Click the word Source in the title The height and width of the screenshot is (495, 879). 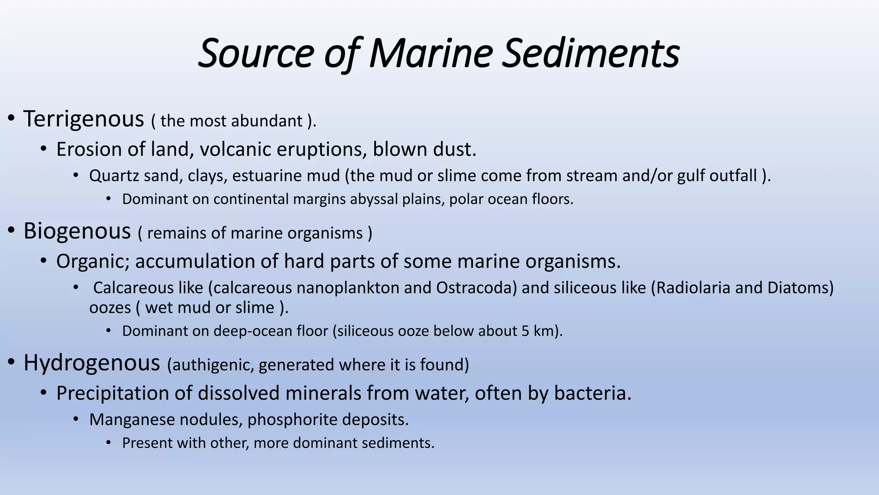[256, 53]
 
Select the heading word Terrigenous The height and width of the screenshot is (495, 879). [84, 119]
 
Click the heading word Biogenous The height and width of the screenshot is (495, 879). [77, 231]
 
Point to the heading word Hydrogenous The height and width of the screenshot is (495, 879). [91, 363]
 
